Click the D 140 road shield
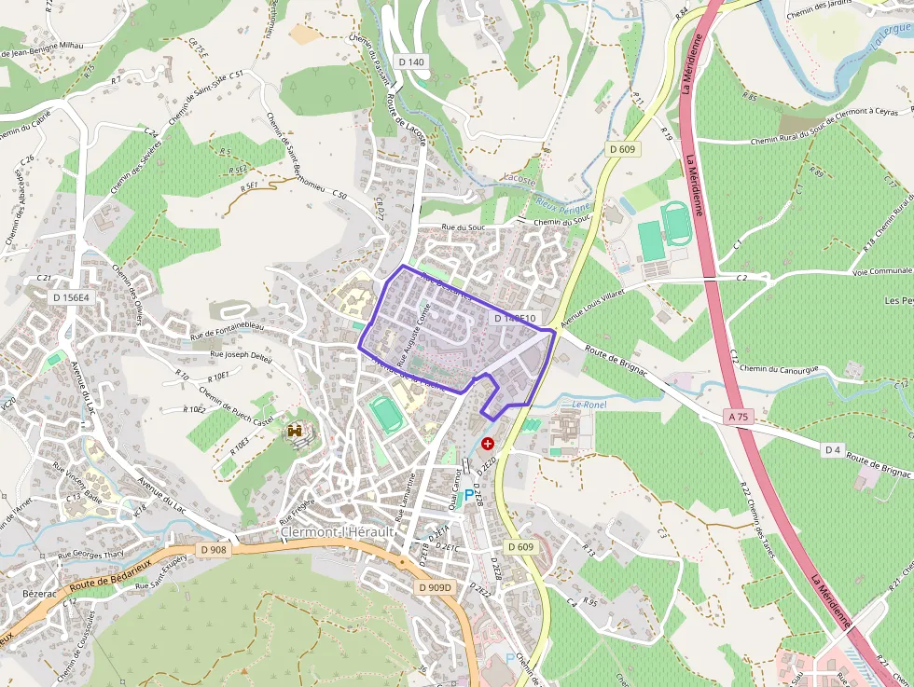(x=410, y=62)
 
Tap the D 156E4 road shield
(x=71, y=297)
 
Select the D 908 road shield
(x=214, y=550)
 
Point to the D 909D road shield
(x=435, y=587)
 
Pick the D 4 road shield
(x=833, y=450)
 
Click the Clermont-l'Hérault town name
(x=338, y=532)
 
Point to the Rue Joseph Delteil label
(x=241, y=355)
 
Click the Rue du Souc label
(x=464, y=227)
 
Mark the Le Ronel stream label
(x=589, y=405)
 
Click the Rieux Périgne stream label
(x=563, y=207)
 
